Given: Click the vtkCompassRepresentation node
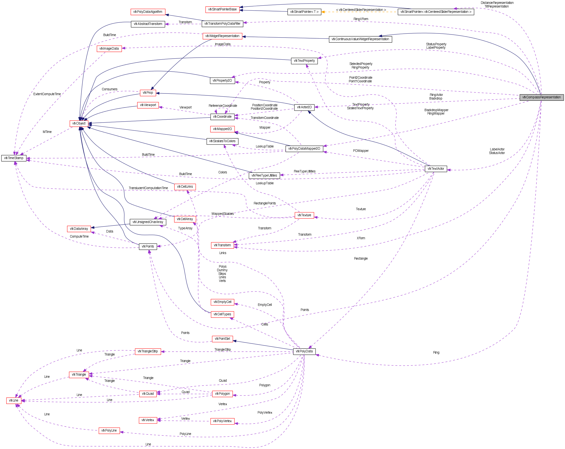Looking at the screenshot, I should [541, 97].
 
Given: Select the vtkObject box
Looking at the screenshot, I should [79, 123].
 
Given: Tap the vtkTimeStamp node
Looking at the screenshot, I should [14, 158].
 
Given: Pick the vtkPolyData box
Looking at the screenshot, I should [304, 351].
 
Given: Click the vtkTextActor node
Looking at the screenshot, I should [436, 169].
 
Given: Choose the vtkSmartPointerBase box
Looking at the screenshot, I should [222, 9].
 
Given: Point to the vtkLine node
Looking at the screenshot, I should [14, 401].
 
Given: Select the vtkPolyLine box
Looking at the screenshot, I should [109, 431].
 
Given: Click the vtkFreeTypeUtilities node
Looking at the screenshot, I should [264, 176].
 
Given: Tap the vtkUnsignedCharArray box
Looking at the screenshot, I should [148, 222].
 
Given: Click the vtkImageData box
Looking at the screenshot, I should [109, 48].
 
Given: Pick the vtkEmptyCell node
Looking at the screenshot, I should [222, 302].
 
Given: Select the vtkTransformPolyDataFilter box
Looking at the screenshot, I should [222, 24].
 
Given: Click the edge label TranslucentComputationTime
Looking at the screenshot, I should [148, 188].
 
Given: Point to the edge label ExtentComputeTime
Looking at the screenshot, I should [47, 94].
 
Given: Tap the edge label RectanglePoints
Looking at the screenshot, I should [265, 203].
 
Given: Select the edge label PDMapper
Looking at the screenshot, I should [361, 151].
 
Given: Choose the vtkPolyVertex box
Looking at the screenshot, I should [222, 421].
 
